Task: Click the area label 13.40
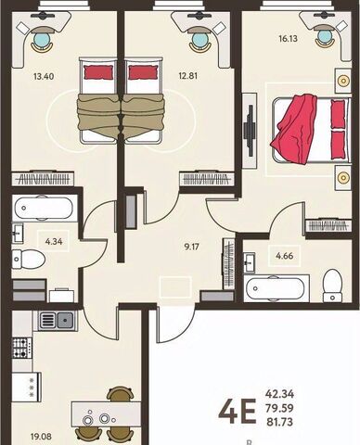click(x=44, y=76)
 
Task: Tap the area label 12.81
click(x=187, y=76)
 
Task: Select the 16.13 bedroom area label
click(x=288, y=39)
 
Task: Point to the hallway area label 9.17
click(x=192, y=247)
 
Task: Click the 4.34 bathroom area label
click(x=54, y=241)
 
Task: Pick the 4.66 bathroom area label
click(x=285, y=256)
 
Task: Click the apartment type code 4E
click(x=238, y=412)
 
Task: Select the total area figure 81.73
click(x=279, y=422)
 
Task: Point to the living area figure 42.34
click(x=279, y=394)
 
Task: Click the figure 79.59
click(x=279, y=408)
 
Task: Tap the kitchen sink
click(x=58, y=320)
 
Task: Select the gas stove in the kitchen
click(x=22, y=348)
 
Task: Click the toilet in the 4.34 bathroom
click(x=29, y=259)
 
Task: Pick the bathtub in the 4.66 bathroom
click(x=276, y=288)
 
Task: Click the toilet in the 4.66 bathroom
click(x=333, y=286)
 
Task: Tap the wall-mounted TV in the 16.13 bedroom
click(x=250, y=131)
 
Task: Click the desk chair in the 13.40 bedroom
click(x=42, y=39)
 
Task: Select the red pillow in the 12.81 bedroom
click(x=142, y=72)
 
